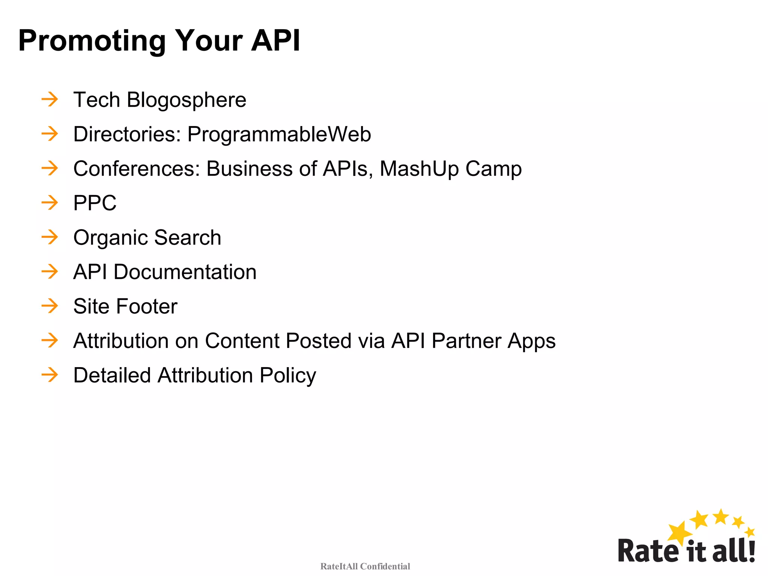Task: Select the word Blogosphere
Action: click(x=186, y=100)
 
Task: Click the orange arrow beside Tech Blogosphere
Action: click(x=50, y=99)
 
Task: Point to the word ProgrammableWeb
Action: click(x=279, y=134)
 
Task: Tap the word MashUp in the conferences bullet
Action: click(x=419, y=169)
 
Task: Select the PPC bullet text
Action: click(x=95, y=203)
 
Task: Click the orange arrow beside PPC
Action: click(x=50, y=203)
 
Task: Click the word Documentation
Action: click(x=185, y=272)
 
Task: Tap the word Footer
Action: click(x=146, y=306)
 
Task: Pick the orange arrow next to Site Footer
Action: click(x=50, y=306)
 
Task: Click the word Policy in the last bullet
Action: click(x=288, y=376)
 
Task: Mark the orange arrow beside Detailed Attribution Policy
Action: click(x=50, y=375)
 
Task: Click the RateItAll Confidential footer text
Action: click(x=365, y=566)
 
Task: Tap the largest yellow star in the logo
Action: click(x=679, y=533)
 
